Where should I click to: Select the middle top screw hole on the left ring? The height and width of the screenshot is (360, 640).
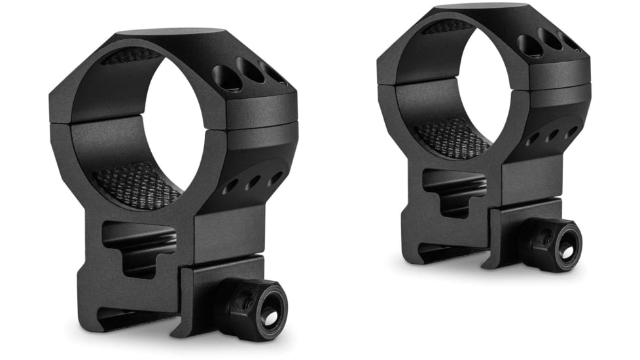pyautogui.click(x=250, y=71)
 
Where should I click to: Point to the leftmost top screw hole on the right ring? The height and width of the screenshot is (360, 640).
pyautogui.click(x=528, y=45)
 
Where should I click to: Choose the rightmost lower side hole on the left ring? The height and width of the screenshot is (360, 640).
pyautogui.click(x=275, y=177)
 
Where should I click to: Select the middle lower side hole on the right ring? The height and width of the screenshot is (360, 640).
pyautogui.click(x=552, y=135)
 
